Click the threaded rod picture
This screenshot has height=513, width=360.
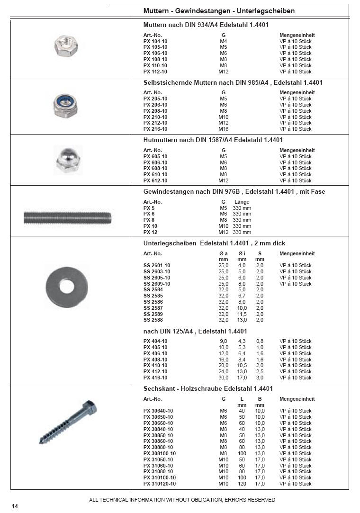point(68,218)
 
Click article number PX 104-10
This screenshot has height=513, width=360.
point(155,41)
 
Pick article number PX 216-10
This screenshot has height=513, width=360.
point(155,129)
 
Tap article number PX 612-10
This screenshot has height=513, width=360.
point(155,180)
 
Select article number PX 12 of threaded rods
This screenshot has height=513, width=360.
point(150,232)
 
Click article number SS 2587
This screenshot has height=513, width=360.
point(153,308)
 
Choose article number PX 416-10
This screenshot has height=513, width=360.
point(155,378)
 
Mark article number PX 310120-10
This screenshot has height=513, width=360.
point(159,484)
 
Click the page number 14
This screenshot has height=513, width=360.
point(15,506)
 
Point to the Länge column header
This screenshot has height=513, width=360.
point(242,202)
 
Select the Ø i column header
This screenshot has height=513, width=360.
point(242,253)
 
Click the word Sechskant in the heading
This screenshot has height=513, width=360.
point(160,389)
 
